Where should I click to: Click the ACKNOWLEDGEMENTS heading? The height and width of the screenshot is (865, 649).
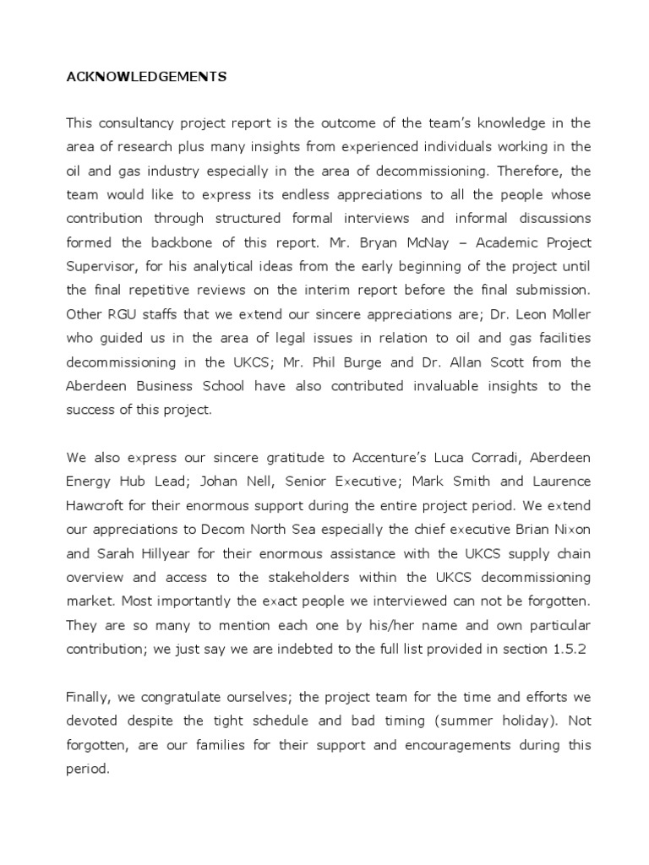tap(146, 77)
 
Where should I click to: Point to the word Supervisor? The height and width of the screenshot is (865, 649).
tap(101, 266)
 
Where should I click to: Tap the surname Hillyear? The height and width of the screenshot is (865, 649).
tap(156, 552)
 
